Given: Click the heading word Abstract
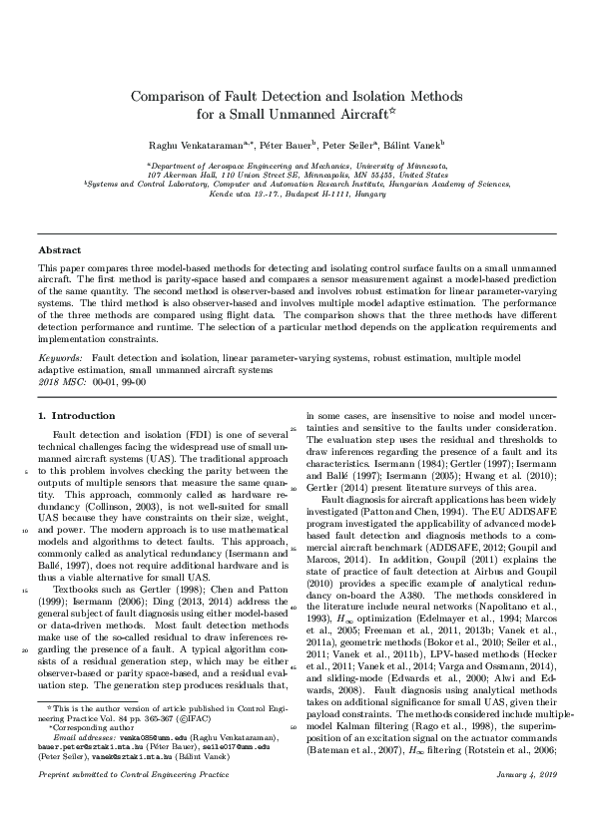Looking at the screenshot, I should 59,250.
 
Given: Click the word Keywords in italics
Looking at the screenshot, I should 60,355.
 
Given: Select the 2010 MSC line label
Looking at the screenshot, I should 59,381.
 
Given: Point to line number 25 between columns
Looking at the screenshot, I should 293,428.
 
